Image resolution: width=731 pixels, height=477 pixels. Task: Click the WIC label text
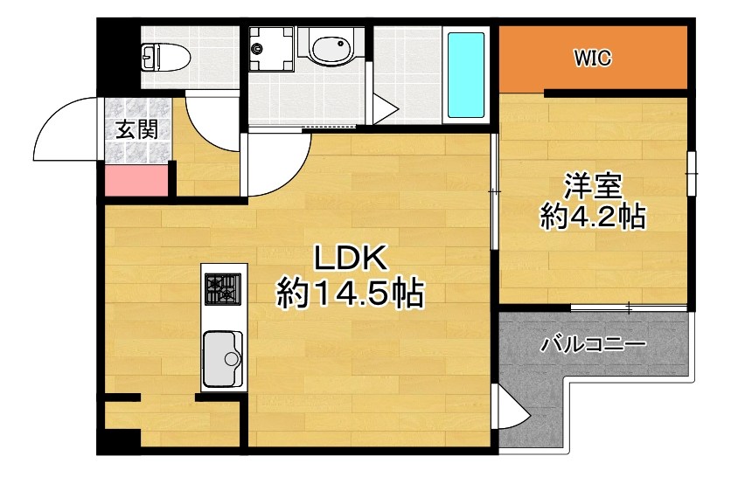pos(592,59)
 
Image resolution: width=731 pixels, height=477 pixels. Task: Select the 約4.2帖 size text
pos(592,216)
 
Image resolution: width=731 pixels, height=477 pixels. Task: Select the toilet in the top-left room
pos(166,58)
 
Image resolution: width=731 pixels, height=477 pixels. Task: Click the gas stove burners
pos(223,287)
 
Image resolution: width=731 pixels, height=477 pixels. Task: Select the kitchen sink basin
pos(222,358)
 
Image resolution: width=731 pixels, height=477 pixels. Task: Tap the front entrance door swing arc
pos(66,131)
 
